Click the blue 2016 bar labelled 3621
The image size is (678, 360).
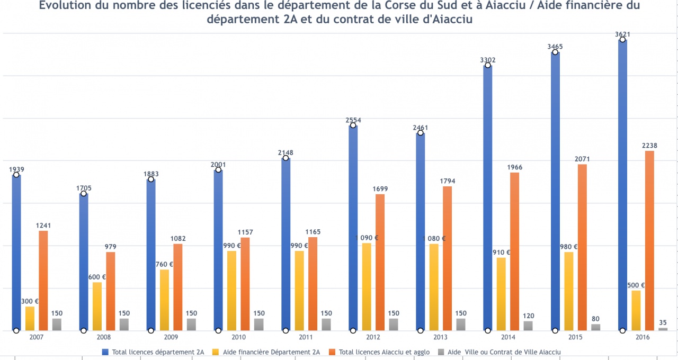622,185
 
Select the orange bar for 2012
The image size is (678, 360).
380,263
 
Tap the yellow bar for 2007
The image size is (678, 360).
30,319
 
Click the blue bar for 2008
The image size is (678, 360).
84,262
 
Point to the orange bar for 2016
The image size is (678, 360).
649,241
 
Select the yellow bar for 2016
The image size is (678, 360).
636,311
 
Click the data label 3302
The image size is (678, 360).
487,60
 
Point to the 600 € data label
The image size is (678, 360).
97,277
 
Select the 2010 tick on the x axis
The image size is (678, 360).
238,337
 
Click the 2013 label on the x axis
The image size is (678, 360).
441,337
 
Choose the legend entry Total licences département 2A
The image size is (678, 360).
158,352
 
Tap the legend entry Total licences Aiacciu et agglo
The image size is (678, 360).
384,352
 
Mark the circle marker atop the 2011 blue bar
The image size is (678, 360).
286,158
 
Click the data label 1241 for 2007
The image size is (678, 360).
43,226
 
